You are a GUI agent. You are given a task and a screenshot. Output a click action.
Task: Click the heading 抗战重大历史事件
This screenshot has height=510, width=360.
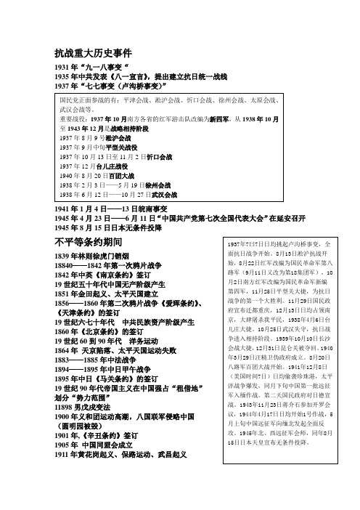94,53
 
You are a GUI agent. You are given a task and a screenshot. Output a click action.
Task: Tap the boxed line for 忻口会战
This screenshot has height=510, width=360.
116,156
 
